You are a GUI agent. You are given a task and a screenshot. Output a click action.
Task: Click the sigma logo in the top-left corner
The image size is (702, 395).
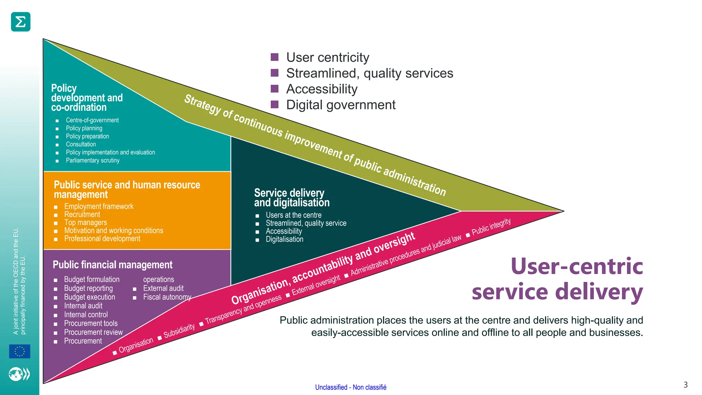(21, 22)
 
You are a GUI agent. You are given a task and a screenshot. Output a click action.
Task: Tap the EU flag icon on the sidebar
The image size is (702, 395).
(20, 351)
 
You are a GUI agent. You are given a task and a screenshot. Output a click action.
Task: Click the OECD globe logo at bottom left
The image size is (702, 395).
(19, 374)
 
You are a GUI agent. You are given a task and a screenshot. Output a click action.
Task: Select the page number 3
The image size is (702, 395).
(685, 385)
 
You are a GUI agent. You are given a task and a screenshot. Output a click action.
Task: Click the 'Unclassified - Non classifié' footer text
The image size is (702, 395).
(351, 387)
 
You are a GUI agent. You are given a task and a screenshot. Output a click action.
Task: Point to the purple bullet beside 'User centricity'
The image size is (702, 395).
(275, 57)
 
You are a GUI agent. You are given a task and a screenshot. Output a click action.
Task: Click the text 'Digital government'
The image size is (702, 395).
(341, 105)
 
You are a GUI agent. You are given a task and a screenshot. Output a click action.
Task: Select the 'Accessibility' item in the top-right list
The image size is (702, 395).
(322, 89)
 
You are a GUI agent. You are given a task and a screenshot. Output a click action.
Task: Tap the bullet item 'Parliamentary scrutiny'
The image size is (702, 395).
(93, 160)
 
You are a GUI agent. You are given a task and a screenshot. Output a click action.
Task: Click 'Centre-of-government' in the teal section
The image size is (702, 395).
(92, 120)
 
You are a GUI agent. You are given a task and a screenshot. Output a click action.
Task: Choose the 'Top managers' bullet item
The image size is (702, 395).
(86, 223)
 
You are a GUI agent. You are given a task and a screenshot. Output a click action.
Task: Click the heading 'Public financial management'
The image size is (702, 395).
(112, 265)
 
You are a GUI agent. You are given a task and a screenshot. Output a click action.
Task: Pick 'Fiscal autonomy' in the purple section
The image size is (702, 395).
(167, 297)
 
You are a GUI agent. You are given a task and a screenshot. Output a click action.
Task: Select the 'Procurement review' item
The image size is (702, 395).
(93, 332)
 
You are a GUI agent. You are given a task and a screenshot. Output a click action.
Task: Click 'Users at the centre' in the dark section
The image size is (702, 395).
(293, 215)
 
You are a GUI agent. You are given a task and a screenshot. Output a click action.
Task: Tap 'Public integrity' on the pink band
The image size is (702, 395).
(491, 227)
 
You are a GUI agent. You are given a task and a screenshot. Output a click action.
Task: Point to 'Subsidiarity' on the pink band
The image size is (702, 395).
(179, 331)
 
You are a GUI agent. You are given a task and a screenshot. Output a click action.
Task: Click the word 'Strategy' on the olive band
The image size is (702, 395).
(203, 105)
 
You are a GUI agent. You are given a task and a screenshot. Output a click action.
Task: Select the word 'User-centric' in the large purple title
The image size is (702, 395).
(577, 266)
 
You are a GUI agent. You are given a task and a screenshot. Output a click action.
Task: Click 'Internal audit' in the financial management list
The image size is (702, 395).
(83, 306)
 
